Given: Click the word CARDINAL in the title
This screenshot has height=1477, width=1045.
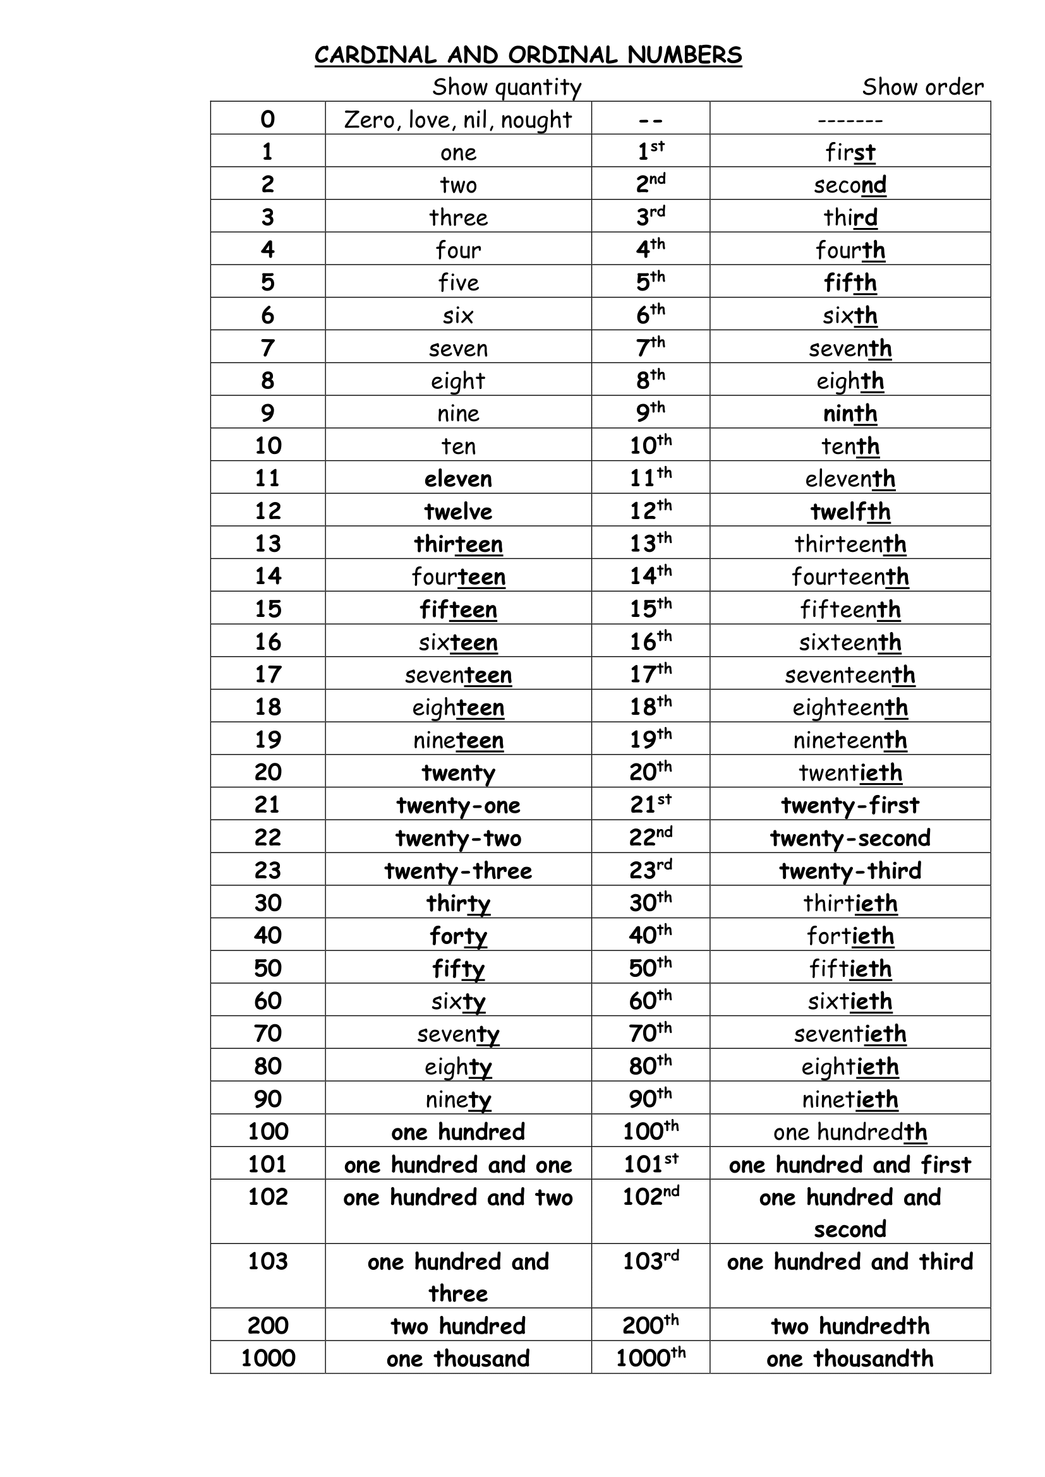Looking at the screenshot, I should pyautogui.click(x=375, y=56).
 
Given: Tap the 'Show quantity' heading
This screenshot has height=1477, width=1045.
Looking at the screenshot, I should pyautogui.click(x=507, y=87).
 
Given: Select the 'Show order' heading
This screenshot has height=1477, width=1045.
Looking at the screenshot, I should pyautogui.click(x=922, y=87).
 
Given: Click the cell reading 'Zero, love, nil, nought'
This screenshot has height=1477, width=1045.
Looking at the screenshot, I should pyautogui.click(x=457, y=119).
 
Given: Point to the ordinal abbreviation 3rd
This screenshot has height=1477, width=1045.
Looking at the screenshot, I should pyautogui.click(x=650, y=217).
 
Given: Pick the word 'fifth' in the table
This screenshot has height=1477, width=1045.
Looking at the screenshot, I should pyautogui.click(x=849, y=282).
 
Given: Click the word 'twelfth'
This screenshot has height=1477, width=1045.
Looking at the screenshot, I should pyautogui.click(x=849, y=511).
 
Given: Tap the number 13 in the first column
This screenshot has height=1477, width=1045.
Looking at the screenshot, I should pyautogui.click(x=268, y=544).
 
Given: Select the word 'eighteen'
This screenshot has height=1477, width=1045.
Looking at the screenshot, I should pyautogui.click(x=457, y=708).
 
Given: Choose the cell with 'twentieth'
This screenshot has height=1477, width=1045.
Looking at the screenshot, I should pyautogui.click(x=849, y=772).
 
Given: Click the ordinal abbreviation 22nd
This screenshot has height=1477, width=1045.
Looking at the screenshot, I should pyautogui.click(x=650, y=837).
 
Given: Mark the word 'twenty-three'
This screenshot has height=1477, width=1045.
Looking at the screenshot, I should pyautogui.click(x=457, y=870).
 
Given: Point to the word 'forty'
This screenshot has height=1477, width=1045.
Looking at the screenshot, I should pyautogui.click(x=457, y=936).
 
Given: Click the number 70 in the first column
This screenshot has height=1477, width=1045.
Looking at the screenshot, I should pyautogui.click(x=268, y=1034).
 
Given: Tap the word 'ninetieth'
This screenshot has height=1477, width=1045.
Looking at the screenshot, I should pyautogui.click(x=849, y=1099).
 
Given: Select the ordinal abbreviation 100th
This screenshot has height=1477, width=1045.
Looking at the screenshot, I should pyautogui.click(x=650, y=1132).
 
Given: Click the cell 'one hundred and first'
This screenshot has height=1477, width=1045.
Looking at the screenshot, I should pyautogui.click(x=849, y=1164).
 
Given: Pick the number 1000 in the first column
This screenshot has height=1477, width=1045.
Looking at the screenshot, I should pyautogui.click(x=268, y=1358).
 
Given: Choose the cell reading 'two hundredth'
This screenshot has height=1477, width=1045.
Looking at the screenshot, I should pyautogui.click(x=849, y=1326).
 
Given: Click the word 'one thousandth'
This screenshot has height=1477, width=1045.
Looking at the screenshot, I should pyautogui.click(x=849, y=1358).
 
